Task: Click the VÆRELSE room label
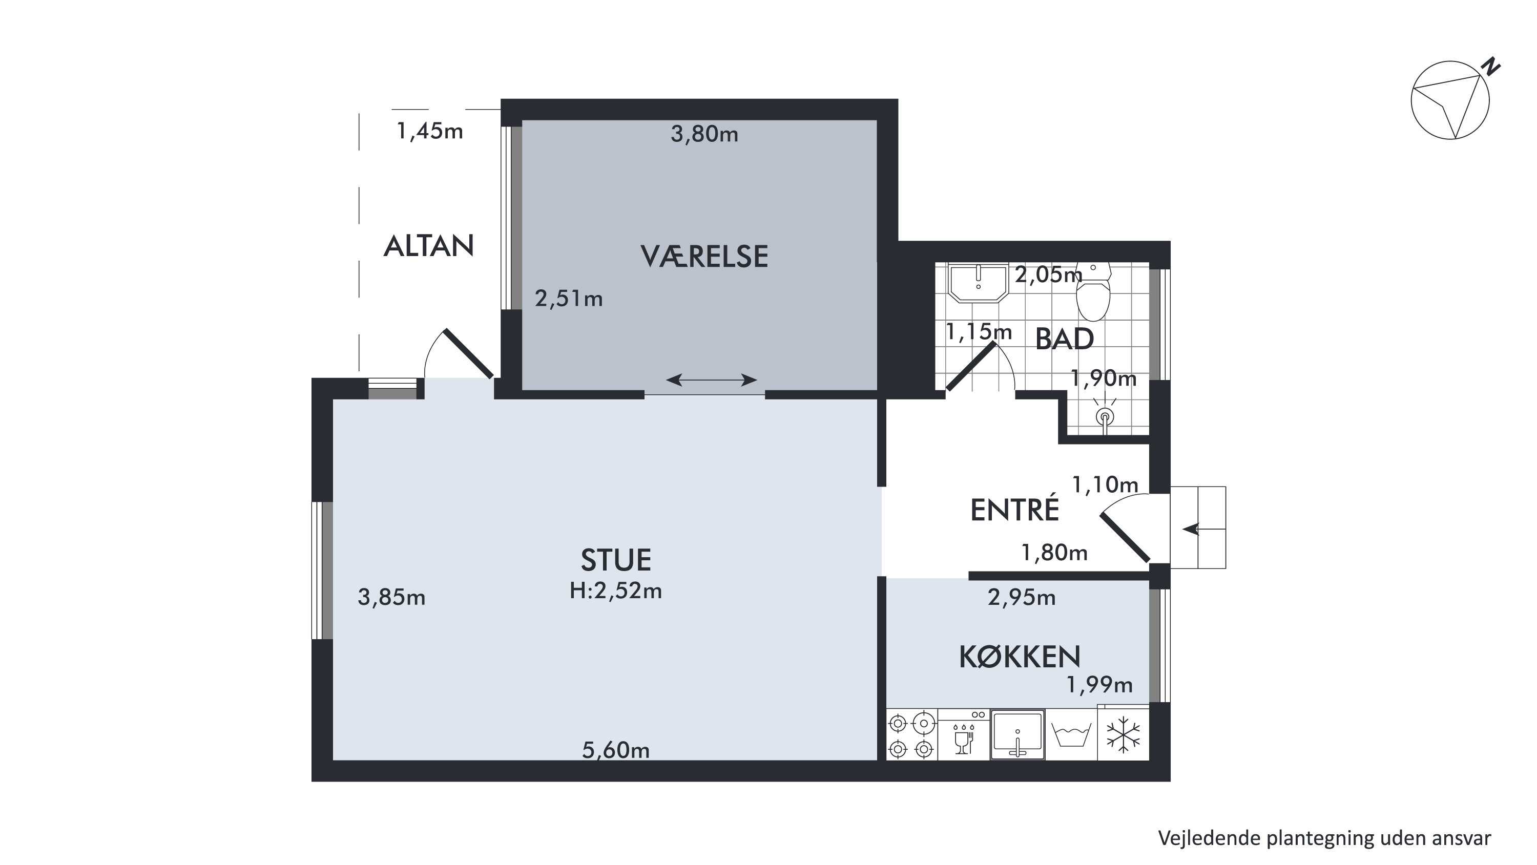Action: pyautogui.click(x=704, y=256)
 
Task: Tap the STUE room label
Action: pyautogui.click(x=616, y=560)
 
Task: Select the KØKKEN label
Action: pyautogui.click(x=1020, y=656)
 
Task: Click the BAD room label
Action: pyautogui.click(x=1065, y=339)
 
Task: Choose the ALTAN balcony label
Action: pyautogui.click(x=428, y=246)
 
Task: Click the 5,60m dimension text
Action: pyautogui.click(x=616, y=750)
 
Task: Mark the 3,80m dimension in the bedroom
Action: pyautogui.click(x=704, y=134)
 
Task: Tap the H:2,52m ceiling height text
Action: pyautogui.click(x=616, y=590)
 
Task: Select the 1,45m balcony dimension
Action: pyautogui.click(x=430, y=131)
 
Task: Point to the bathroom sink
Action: pyautogui.click(x=979, y=283)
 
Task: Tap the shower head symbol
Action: pyautogui.click(x=1105, y=415)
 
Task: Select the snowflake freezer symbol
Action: pyautogui.click(x=1124, y=735)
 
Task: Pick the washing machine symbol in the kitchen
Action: pyautogui.click(x=1072, y=735)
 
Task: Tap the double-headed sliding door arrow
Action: pyautogui.click(x=711, y=379)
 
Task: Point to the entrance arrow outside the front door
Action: pyautogui.click(x=1191, y=529)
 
